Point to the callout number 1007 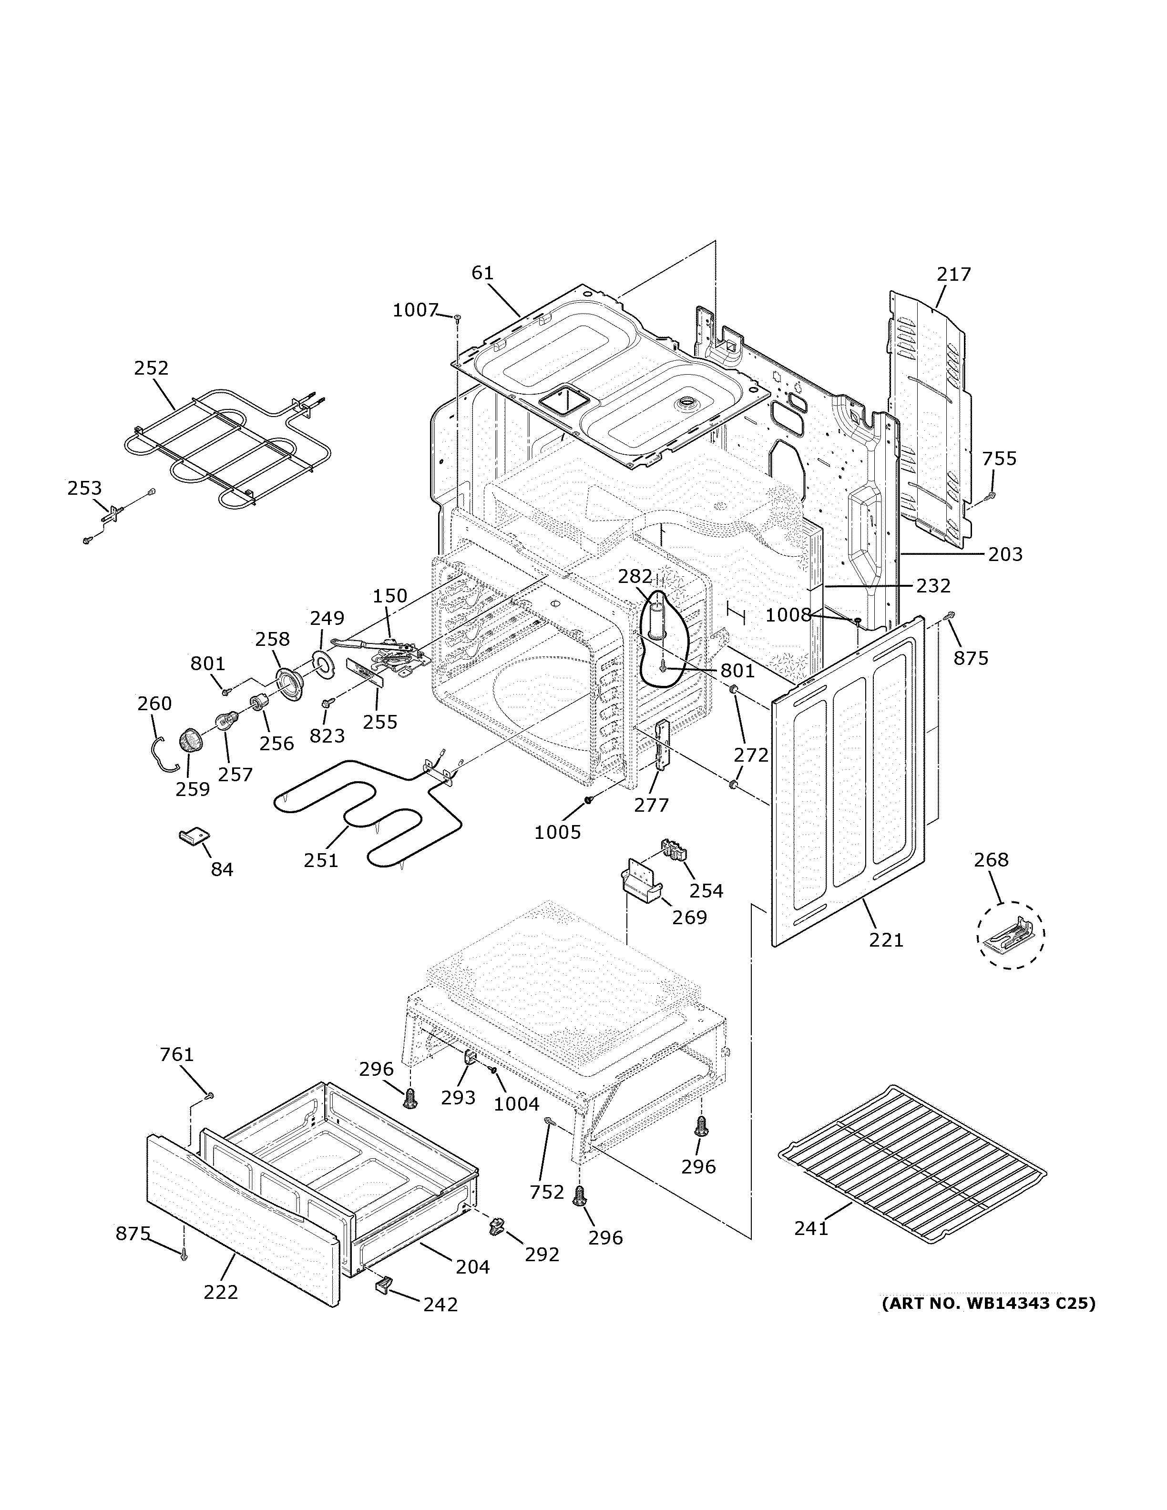(416, 310)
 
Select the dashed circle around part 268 (1010, 935)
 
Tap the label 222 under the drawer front (221, 1292)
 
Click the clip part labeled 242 (382, 1284)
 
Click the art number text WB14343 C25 (988, 1303)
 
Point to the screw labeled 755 (990, 496)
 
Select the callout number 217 (954, 275)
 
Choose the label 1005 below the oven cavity (557, 832)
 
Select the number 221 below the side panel (886, 939)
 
